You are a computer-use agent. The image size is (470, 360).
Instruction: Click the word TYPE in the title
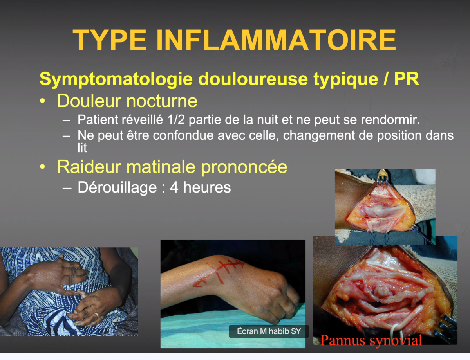(110, 40)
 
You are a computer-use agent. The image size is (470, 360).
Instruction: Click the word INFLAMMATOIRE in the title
(276, 40)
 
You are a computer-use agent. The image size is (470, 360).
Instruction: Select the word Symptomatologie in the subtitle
(116, 79)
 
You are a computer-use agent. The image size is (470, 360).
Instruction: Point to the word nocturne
(162, 101)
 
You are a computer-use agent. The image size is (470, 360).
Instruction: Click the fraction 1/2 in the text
(176, 119)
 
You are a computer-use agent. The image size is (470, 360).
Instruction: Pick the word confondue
(183, 135)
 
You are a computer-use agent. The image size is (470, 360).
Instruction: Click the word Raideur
(89, 167)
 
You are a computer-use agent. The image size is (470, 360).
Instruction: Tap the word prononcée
(244, 167)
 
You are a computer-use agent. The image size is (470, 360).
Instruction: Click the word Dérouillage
(117, 187)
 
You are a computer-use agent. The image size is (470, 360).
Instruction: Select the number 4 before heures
(174, 187)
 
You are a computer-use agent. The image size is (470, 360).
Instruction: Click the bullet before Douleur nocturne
(43, 101)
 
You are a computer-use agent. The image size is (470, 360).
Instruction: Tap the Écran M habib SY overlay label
(269, 331)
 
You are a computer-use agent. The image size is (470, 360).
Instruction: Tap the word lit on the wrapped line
(82, 148)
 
